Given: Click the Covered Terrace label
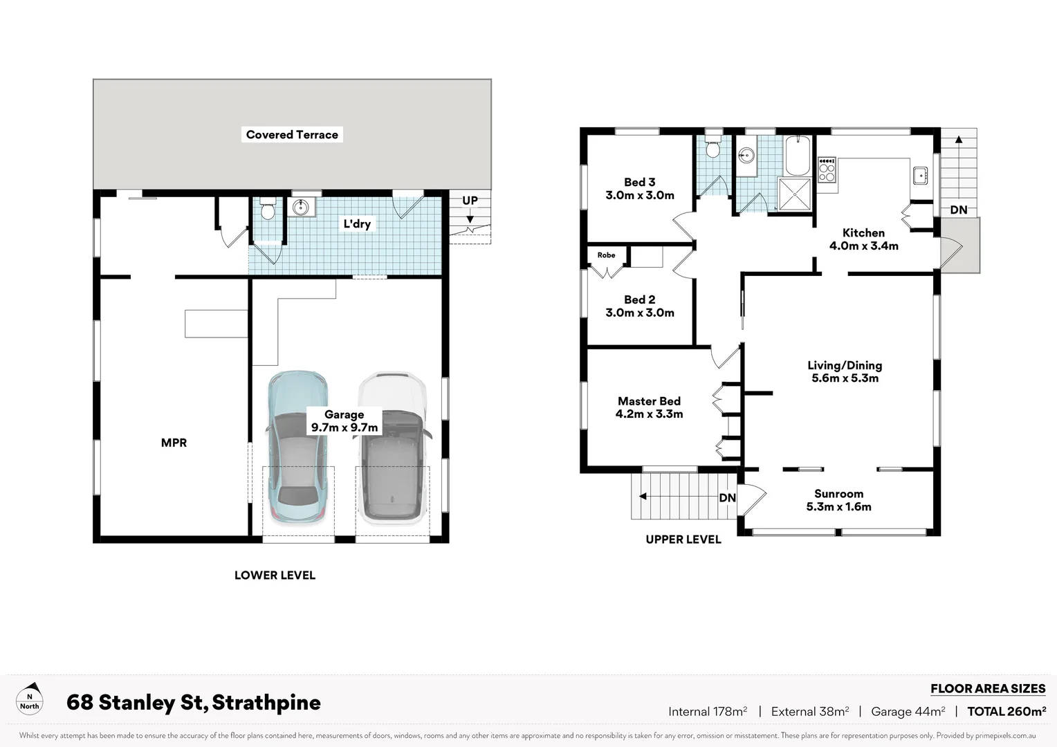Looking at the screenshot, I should tap(292, 135).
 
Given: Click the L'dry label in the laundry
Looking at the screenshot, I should tap(357, 223).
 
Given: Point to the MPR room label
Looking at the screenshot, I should tap(174, 443).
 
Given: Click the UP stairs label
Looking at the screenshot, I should tap(470, 201).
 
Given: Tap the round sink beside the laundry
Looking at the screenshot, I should tap(301, 207).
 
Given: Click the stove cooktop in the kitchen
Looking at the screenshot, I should tap(827, 169).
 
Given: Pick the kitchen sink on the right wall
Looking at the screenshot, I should tap(920, 176).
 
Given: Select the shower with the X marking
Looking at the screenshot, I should tap(794, 194).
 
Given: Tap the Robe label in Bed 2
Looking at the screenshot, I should tap(606, 255).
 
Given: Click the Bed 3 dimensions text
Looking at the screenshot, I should tap(640, 196).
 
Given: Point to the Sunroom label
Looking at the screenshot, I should tap(838, 494).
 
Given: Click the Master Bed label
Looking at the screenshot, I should tap(649, 401).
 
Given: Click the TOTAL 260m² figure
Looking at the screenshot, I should tap(1006, 711).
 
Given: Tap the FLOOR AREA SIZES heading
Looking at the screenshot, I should tap(987, 688).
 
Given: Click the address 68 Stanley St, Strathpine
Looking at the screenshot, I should tap(194, 703).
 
